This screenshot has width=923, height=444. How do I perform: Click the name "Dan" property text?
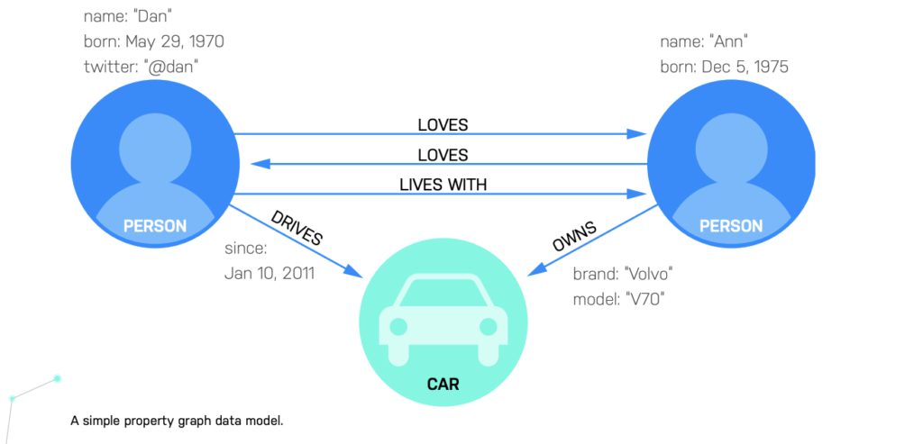(129, 16)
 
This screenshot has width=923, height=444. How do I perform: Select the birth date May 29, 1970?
(153, 41)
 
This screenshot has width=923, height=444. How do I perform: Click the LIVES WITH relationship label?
(443, 185)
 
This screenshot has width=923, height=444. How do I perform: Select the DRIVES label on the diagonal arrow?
(297, 229)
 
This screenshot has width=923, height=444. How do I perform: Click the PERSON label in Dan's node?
(154, 226)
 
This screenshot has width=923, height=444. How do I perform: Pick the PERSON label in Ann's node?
(731, 226)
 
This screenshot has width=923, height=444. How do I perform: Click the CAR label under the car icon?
(443, 385)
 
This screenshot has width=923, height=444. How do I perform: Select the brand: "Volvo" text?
(624, 274)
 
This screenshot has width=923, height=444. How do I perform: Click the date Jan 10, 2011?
(270, 273)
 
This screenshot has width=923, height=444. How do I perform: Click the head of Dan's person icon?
(154, 144)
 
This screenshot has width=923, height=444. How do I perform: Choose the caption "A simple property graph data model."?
(177, 421)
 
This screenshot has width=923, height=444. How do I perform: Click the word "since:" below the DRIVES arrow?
(246, 249)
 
